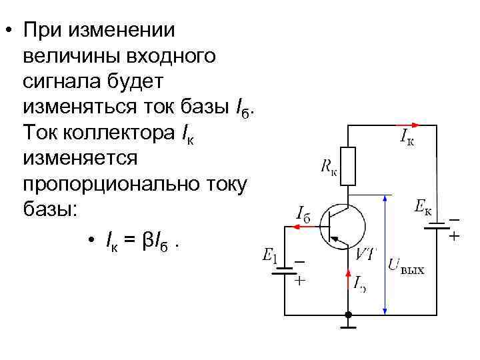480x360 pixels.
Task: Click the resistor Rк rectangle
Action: [348, 166]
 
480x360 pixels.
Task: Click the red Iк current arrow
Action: [407, 125]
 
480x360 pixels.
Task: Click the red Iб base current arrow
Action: [303, 227]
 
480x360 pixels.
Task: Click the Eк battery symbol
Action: [437, 227]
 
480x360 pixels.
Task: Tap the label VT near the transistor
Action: [365, 254]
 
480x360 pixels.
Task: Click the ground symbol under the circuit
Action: [348, 326]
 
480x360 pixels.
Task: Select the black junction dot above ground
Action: [348, 315]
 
